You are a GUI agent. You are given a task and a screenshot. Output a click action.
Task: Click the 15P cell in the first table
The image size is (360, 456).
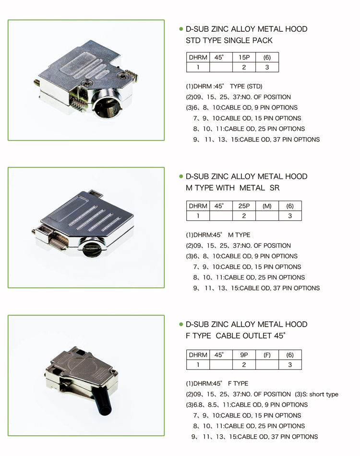coord(244,57)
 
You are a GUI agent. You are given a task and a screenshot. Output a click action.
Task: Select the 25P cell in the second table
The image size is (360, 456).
coord(244,206)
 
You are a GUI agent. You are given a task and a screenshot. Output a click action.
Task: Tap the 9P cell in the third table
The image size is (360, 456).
coord(244,355)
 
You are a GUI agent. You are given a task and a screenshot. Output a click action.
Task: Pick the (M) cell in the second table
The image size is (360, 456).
coord(267,206)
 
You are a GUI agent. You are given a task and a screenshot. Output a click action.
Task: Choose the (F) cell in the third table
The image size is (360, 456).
coord(267,355)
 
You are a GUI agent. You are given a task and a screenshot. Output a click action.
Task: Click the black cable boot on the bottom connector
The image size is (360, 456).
coord(103,403)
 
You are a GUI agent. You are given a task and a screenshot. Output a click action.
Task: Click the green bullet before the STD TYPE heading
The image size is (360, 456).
coord(181,29)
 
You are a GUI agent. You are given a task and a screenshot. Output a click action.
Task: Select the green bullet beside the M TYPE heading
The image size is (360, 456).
coord(181,176)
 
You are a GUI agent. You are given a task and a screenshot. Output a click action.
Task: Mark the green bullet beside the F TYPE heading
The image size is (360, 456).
coord(181,324)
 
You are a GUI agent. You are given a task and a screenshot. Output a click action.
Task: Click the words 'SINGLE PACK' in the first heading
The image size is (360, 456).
coord(248,40)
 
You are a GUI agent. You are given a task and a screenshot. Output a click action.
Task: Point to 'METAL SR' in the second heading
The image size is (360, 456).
coord(259,188)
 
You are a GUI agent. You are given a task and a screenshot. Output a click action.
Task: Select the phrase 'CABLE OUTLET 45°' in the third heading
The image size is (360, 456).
coord(251,336)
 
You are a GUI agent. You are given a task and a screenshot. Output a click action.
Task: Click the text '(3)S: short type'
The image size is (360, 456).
coord(316,394)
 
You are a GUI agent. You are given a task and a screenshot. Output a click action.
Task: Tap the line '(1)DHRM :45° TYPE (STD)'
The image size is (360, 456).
coord(224,87)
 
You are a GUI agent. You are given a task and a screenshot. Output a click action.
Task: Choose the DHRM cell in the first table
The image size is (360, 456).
coord(198,57)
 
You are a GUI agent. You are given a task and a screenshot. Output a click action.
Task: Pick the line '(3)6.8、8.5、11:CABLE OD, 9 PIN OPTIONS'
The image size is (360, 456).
coord(247,405)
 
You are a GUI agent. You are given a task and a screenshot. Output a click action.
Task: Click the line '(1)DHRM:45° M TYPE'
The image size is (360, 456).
coord(218,235)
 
